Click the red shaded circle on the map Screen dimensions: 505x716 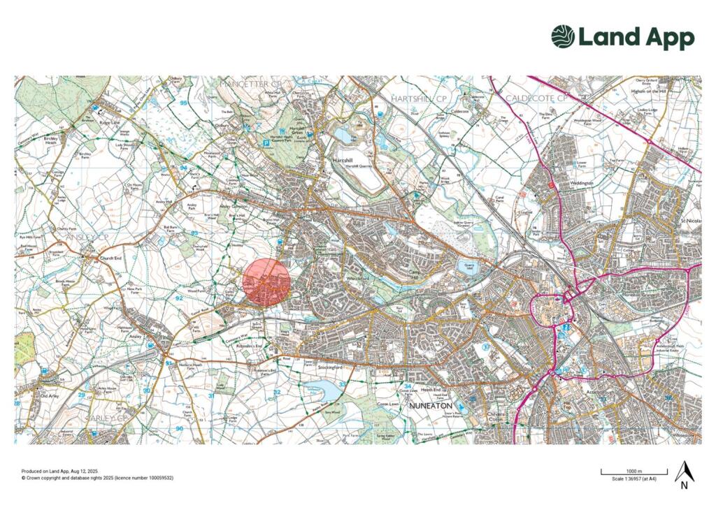[266, 283]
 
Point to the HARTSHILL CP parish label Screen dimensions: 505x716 [419, 98]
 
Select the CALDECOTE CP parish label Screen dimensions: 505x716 [537, 98]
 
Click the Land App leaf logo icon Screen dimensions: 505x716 [563, 37]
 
